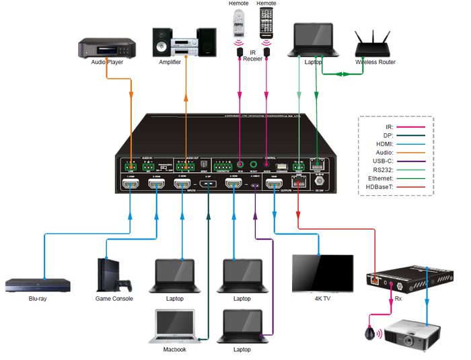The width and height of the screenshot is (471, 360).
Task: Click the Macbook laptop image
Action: pyautogui.click(x=175, y=325)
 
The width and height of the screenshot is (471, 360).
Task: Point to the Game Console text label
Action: pyautogui.click(x=114, y=298)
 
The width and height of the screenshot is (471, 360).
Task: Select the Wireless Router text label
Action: pyautogui.click(x=375, y=63)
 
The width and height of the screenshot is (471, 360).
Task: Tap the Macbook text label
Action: pyautogui.click(x=175, y=350)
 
